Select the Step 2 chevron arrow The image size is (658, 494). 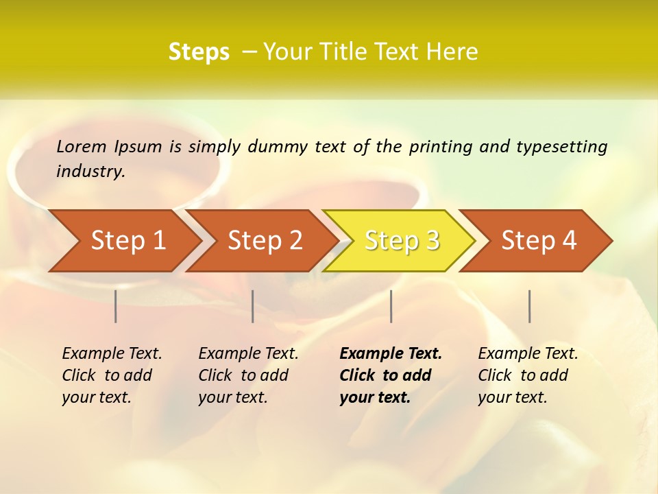pos(265,240)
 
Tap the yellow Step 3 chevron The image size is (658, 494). pos(402,240)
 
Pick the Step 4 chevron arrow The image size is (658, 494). pos(539,240)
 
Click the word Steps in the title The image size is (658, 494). pos(199,51)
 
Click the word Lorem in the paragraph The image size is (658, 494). pos(82,146)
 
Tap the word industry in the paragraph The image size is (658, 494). pos(90,171)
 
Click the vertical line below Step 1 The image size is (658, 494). pos(116,306)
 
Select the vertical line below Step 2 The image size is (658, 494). pos(253,306)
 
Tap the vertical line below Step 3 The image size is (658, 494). pos(391,306)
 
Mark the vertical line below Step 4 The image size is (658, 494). pos(529,306)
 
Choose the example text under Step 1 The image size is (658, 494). pos(112,375)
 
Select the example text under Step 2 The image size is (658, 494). pos(248,375)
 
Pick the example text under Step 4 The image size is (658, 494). pos(528,375)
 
